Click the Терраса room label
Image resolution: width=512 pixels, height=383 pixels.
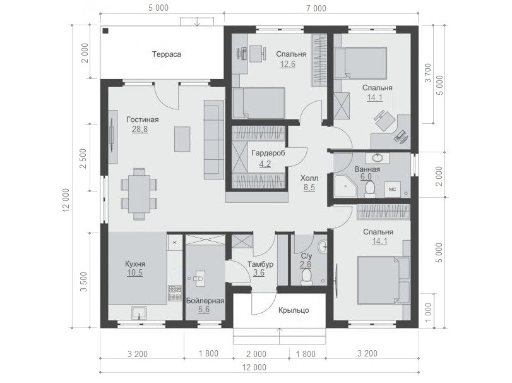click(x=166, y=54)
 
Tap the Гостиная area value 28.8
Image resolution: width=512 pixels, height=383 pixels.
click(x=140, y=130)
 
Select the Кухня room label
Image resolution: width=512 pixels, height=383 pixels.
click(x=135, y=264)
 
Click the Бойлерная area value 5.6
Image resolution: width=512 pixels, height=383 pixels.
click(x=204, y=309)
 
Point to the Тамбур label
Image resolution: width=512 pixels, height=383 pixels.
click(x=260, y=264)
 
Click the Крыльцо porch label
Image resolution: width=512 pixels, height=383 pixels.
click(x=294, y=310)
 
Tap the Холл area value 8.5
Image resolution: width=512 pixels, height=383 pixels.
click(x=309, y=188)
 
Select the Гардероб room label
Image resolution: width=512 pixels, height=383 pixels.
click(x=268, y=153)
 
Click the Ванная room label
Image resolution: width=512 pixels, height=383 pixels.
click(x=367, y=169)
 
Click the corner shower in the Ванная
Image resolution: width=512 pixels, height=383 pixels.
click(x=345, y=186)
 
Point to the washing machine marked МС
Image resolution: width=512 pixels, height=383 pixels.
click(x=393, y=189)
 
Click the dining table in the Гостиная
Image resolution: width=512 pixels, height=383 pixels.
click(x=139, y=194)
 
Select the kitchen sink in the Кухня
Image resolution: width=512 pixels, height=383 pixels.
click(x=140, y=313)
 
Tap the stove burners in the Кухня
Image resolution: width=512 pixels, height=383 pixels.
click(x=175, y=293)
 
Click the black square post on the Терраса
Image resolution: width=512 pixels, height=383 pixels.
click(x=105, y=31)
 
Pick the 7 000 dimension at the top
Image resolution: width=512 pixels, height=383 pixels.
click(x=316, y=8)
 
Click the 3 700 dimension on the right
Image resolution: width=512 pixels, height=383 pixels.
click(x=428, y=73)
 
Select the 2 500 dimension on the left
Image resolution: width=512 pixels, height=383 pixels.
click(x=83, y=159)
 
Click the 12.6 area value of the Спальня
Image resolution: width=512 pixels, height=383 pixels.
click(x=287, y=64)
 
